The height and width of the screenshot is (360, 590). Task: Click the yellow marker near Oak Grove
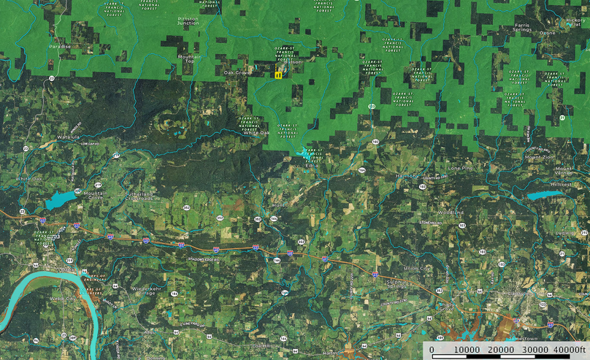(278, 74)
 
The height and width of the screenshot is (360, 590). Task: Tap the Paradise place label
(60, 46)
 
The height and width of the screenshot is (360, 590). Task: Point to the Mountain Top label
(190, 58)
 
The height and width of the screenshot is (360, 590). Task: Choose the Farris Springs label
(523, 28)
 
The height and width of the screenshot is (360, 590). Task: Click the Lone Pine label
(461, 168)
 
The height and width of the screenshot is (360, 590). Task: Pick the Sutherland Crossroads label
(142, 196)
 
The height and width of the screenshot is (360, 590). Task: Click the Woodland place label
(451, 212)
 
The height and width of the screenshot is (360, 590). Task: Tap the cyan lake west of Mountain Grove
(60, 199)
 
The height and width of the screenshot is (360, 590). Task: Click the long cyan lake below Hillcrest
(547, 195)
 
